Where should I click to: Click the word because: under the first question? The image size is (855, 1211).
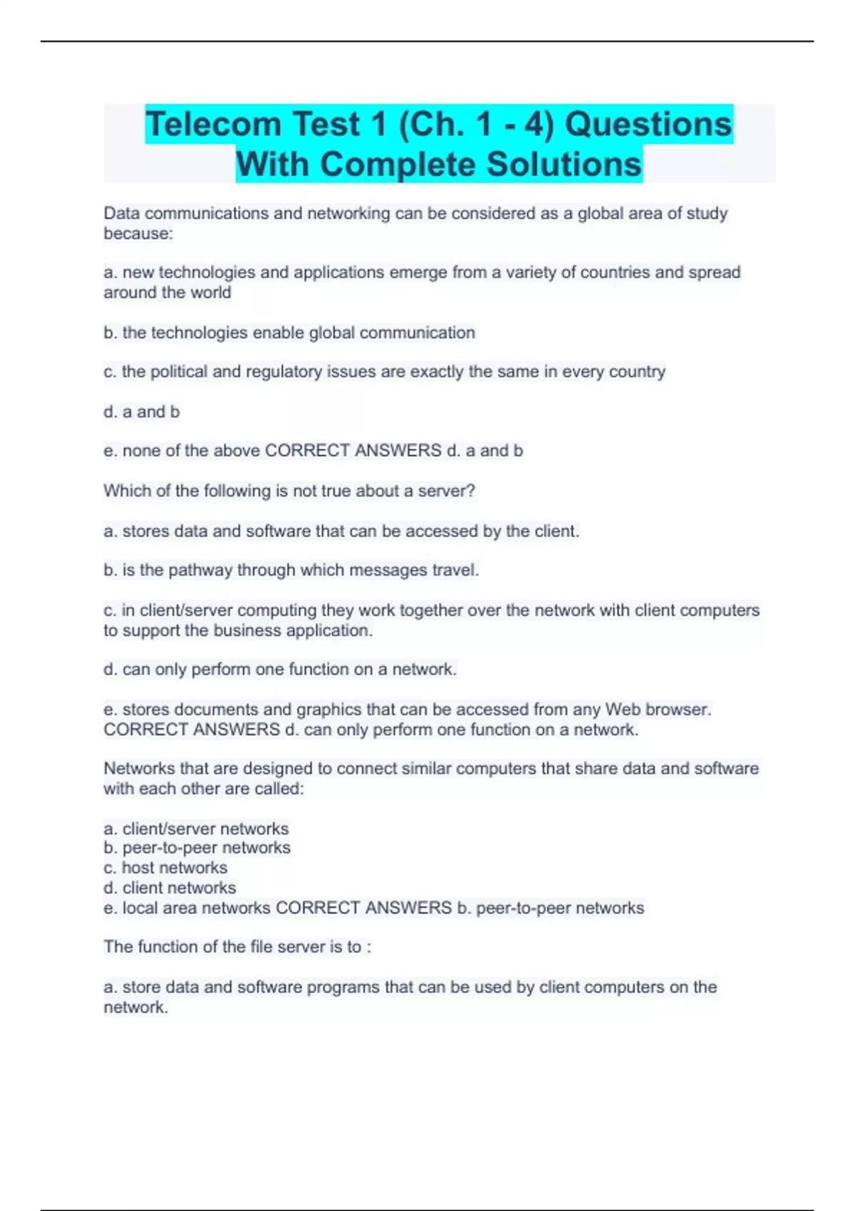point(138,234)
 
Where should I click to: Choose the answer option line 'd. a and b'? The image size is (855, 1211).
point(142,412)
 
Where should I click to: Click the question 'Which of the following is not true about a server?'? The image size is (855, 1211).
point(289,491)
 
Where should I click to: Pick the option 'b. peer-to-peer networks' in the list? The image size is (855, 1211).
point(197,848)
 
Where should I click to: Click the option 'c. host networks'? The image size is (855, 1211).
point(165,868)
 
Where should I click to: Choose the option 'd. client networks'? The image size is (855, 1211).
point(170,888)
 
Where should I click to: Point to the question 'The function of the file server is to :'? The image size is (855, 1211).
point(237,947)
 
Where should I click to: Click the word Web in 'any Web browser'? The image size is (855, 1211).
point(621,710)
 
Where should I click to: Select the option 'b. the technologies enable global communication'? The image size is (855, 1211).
point(289,333)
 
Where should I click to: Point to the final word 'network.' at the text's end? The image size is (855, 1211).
point(135,1007)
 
